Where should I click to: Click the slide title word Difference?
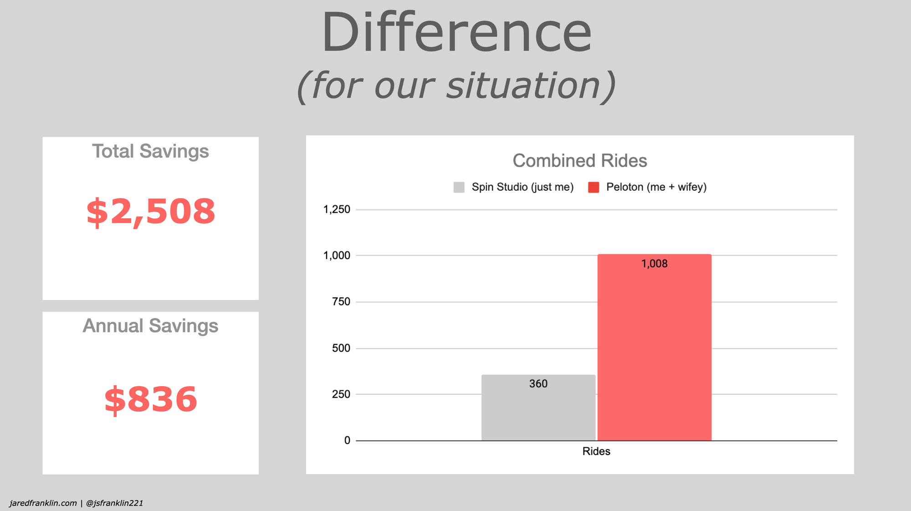456,33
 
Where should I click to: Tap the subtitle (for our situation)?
456,86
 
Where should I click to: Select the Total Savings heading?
150,152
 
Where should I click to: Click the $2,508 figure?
151,212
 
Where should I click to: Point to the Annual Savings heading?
150,326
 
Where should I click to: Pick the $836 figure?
151,399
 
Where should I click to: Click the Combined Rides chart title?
580,161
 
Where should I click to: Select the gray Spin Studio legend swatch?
459,187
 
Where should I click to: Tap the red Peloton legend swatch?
594,187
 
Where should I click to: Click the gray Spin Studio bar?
538,408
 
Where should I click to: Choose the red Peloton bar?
655,347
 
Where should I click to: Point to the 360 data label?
538,384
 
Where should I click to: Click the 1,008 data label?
655,264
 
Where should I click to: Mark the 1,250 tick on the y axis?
337,210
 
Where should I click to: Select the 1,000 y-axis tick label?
337,255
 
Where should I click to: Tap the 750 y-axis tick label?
341,301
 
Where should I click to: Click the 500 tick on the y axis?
341,348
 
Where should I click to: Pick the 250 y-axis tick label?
341,394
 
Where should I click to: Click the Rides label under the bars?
596,451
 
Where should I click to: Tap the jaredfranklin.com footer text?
43,503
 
